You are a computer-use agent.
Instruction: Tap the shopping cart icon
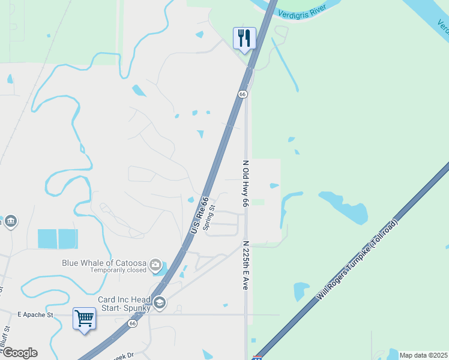pyautogui.click(x=84, y=318)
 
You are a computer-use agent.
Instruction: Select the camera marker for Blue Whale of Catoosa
pyautogui.click(x=156, y=265)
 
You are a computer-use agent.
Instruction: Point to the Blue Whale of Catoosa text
pyautogui.click(x=105, y=263)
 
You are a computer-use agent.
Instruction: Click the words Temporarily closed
pyautogui.click(x=118, y=271)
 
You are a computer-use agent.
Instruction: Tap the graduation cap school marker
pyautogui.click(x=159, y=302)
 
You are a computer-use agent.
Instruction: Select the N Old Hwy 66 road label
pyautogui.click(x=245, y=184)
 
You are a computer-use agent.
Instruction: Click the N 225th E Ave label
pyautogui.click(x=245, y=266)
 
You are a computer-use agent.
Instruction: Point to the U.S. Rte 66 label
pyautogui.click(x=199, y=215)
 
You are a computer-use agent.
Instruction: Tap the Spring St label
pyautogui.click(x=209, y=220)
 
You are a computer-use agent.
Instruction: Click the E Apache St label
pyautogui.click(x=35, y=314)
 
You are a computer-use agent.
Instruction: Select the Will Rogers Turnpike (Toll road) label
pyautogui.click(x=357, y=260)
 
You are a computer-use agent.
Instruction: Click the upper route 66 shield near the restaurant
pyautogui.click(x=243, y=94)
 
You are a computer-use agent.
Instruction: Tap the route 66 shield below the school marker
pyautogui.click(x=131, y=323)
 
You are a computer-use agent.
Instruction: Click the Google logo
pyautogui.click(x=19, y=353)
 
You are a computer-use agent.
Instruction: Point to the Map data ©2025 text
pyautogui.click(x=423, y=355)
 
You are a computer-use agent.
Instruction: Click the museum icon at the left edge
pyautogui.click(x=10, y=222)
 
